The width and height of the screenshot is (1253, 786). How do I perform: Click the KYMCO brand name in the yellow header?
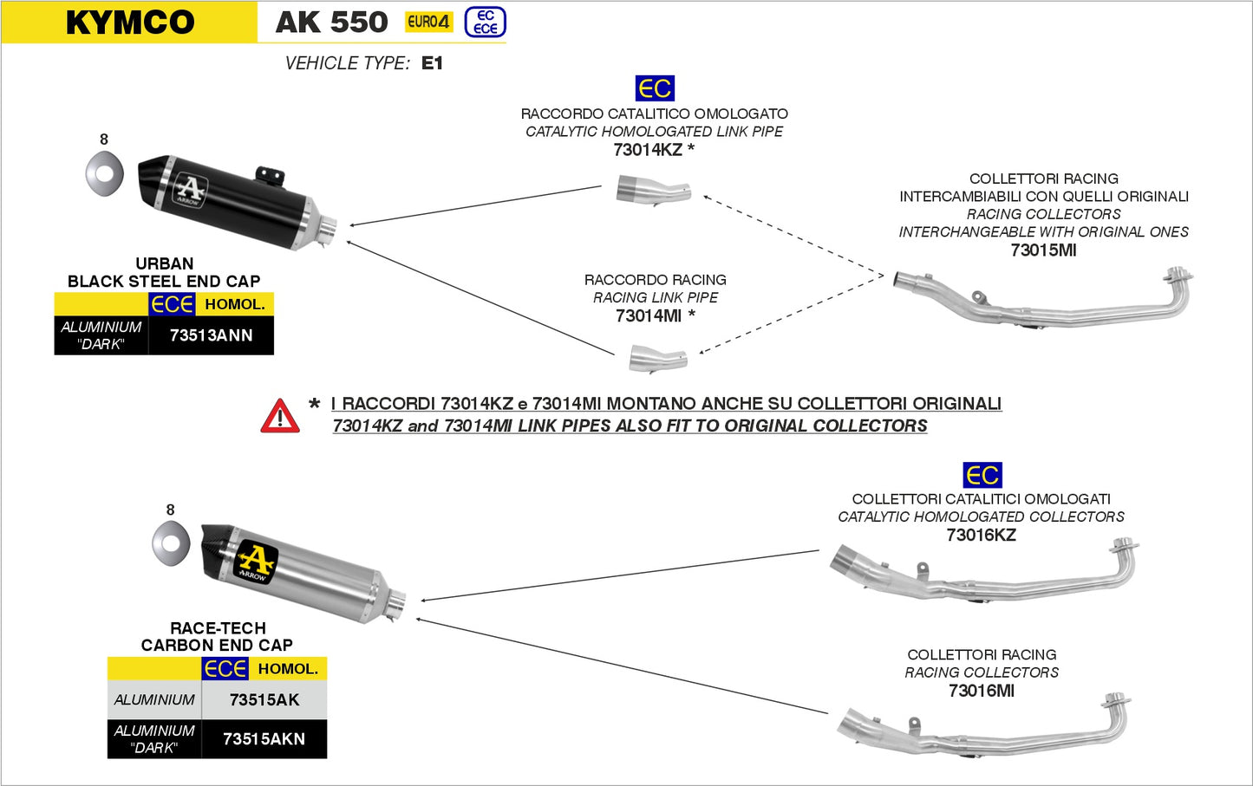pos(130,23)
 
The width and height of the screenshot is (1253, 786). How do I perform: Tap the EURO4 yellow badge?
pos(428,22)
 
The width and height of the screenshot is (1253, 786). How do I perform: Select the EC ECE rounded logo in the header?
pos(485,23)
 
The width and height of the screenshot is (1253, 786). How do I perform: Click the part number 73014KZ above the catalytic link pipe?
pos(648,150)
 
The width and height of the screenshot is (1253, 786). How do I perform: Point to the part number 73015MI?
pos(1043,250)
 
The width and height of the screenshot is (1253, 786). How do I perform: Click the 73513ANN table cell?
pos(211,335)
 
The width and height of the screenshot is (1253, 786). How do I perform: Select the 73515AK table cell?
pos(264,700)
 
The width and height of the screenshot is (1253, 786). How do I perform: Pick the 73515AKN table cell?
pos(264,739)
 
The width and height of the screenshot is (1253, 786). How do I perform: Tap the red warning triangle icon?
pos(280,417)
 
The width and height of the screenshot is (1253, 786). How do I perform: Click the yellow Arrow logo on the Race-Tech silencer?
pos(256,562)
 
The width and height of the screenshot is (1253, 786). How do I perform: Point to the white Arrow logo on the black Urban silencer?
pos(190,190)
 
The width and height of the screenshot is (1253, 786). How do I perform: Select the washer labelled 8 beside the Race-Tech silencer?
pos(171,543)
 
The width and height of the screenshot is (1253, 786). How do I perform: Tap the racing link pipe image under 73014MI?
pos(657,358)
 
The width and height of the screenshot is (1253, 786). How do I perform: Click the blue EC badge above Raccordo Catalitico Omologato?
pos(655,88)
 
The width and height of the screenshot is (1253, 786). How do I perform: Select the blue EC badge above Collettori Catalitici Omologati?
pos(982,475)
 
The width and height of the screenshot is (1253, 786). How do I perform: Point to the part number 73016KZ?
pos(981,535)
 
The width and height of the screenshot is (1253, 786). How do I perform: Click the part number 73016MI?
pos(981,691)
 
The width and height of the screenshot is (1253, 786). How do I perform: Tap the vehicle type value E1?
pos(432,63)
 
